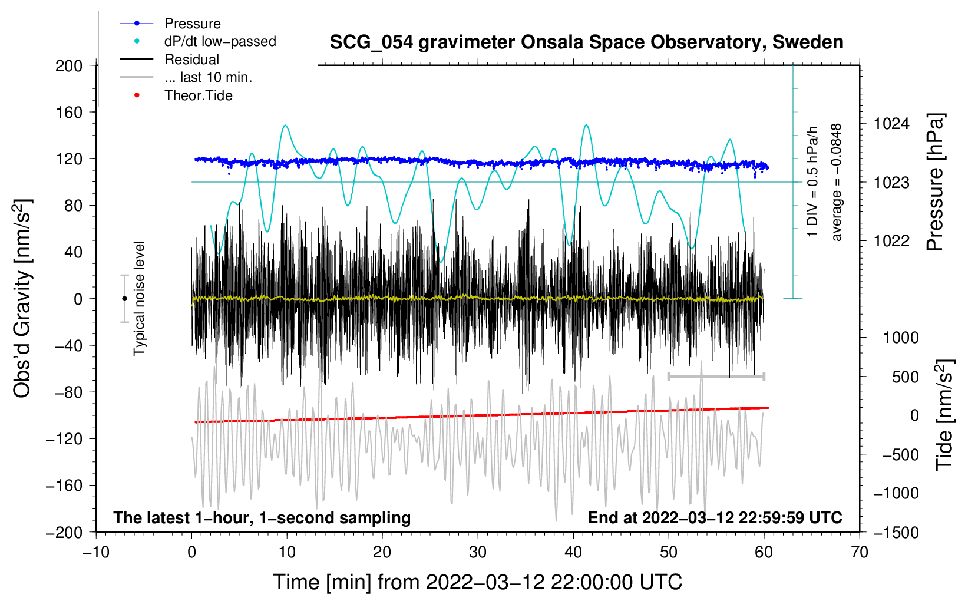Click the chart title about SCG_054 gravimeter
(586, 42)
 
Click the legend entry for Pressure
(192, 24)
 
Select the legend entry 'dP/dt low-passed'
(220, 41)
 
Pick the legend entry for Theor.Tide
(198, 95)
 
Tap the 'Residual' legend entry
(191, 60)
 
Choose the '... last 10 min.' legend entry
(207, 77)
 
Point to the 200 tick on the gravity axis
(69, 65)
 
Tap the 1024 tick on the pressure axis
(891, 124)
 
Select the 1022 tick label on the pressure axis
(891, 240)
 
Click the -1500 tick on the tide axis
(896, 532)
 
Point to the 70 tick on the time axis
(860, 552)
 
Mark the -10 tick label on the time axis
(96, 552)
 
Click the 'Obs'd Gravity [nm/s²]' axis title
(22, 298)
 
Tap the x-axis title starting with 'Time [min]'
(477, 582)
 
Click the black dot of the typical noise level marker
(124, 299)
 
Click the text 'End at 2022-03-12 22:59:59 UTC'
(715, 517)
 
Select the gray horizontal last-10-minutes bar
(716, 376)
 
